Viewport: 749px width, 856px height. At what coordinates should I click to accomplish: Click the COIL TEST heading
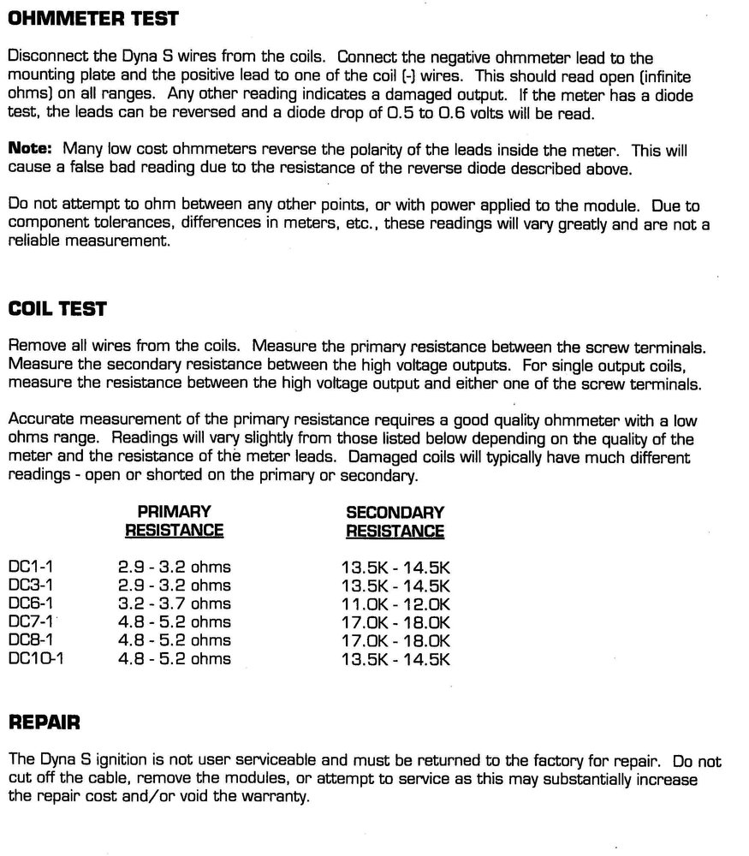tap(56, 309)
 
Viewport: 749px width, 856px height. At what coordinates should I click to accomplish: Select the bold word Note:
tap(30, 149)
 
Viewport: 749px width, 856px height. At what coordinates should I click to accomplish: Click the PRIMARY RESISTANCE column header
tap(174, 521)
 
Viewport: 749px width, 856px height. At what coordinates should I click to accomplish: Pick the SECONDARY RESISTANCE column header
tap(395, 521)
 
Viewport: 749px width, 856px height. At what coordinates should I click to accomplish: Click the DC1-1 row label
tap(30, 567)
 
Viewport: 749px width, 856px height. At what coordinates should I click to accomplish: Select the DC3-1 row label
tap(30, 586)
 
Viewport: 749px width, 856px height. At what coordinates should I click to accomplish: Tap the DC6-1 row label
tap(30, 603)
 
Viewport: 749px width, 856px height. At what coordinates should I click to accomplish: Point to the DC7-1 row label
tap(30, 621)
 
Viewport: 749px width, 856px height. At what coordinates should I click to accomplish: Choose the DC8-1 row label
tap(30, 640)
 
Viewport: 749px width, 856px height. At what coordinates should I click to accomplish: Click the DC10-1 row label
tap(35, 658)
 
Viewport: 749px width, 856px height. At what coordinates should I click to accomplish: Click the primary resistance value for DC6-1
tap(174, 603)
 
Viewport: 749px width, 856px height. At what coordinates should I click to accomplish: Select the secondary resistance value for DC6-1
tap(395, 603)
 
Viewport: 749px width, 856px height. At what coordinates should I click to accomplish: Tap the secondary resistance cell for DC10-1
tap(395, 658)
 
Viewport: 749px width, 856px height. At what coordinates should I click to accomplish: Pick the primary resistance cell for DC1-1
tap(174, 567)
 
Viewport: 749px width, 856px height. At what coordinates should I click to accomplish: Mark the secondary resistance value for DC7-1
tap(395, 621)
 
